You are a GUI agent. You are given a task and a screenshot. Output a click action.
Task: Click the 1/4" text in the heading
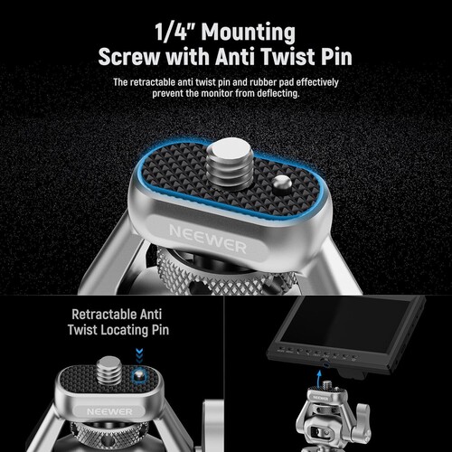[x=176, y=33]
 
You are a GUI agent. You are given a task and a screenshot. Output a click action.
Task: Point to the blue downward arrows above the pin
[x=138, y=355]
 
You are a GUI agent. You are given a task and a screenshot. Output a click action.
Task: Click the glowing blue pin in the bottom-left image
[x=138, y=373]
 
